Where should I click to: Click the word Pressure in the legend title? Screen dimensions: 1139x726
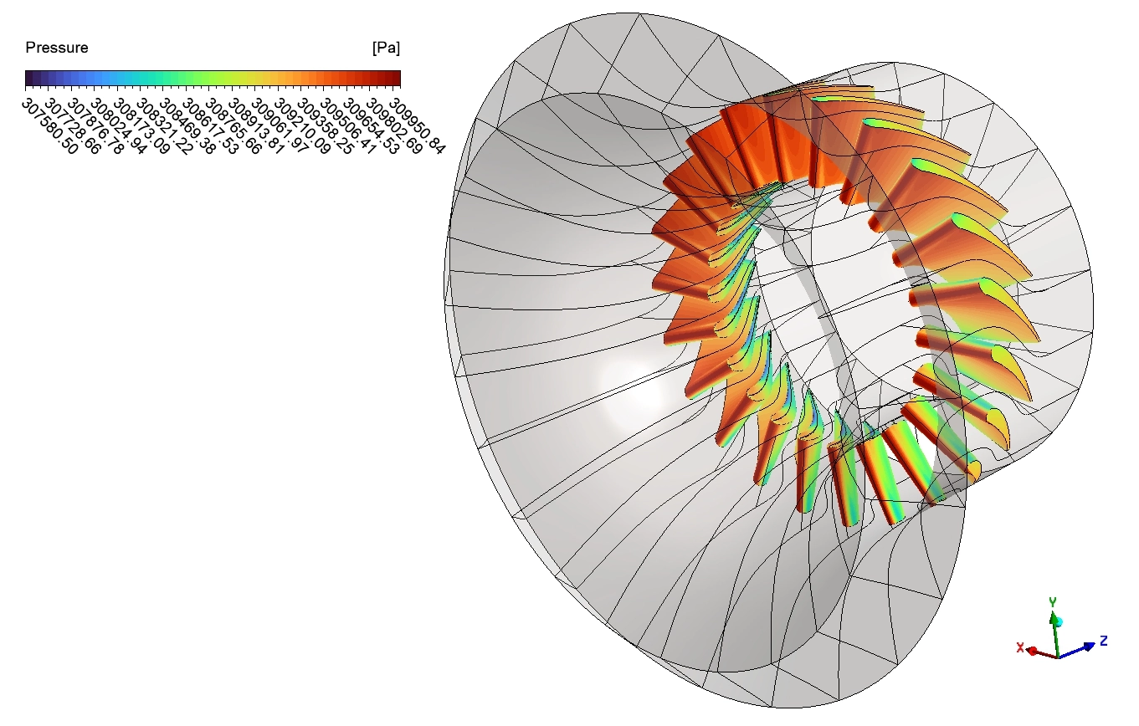pyautogui.click(x=56, y=48)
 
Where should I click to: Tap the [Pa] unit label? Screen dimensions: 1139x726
pyautogui.click(x=386, y=49)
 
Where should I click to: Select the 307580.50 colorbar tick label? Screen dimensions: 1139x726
pyautogui.click(x=49, y=126)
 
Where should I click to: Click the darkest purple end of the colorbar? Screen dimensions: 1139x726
pyautogui.click(x=29, y=79)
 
